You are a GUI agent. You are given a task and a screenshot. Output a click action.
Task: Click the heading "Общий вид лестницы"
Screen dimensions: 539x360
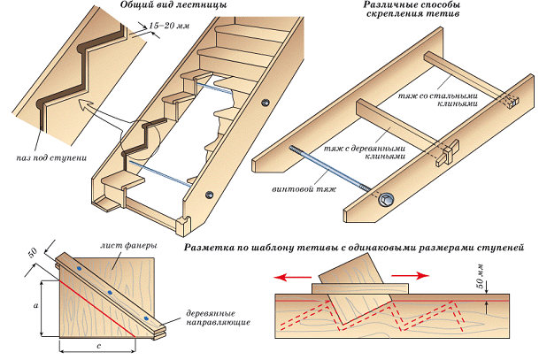pyautogui.click(x=173, y=5)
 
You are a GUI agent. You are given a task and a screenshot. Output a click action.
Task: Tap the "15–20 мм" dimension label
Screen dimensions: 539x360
pyautogui.click(x=169, y=26)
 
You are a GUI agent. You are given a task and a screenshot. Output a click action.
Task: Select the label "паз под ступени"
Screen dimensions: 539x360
pyautogui.click(x=51, y=158)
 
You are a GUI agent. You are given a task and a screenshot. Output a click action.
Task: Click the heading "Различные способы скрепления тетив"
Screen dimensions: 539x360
pyautogui.click(x=412, y=10)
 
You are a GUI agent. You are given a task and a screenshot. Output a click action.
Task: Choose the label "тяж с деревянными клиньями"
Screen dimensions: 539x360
pyautogui.click(x=365, y=152)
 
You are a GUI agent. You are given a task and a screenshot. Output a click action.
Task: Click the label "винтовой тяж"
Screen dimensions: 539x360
pyautogui.click(x=304, y=189)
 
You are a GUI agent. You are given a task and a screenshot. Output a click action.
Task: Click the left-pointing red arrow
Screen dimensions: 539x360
pyautogui.click(x=293, y=277)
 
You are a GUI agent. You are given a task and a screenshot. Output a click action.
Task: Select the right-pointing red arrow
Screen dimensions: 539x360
pyautogui.click(x=411, y=275)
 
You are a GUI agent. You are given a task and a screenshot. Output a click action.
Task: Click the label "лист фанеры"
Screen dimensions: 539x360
pyautogui.click(x=129, y=246)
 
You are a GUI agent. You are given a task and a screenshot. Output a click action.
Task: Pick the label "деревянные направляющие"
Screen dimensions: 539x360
pyautogui.click(x=218, y=318)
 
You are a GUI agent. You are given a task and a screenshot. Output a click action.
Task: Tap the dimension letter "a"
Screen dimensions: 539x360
pyautogui.click(x=35, y=305)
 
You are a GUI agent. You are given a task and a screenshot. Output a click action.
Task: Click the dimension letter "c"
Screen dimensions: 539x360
pyautogui.click(x=99, y=346)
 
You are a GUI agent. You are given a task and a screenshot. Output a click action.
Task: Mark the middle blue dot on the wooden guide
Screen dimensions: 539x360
pyautogui.click(x=110, y=293)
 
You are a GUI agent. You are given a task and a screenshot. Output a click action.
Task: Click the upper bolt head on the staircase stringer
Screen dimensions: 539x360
pyautogui.click(x=265, y=103)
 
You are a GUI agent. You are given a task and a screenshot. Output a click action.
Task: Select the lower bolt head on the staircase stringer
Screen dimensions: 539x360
pyautogui.click(x=210, y=195)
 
